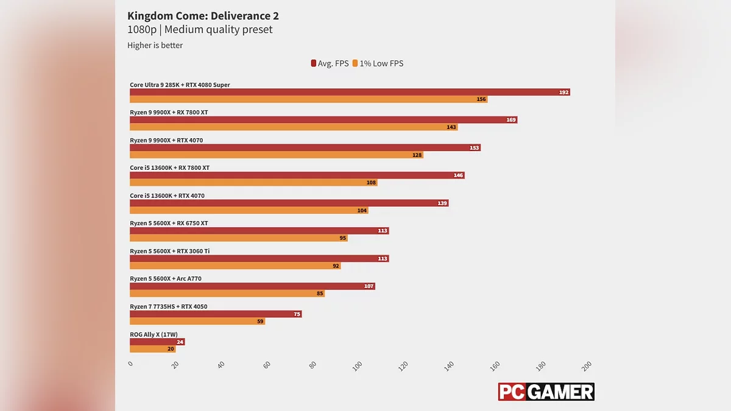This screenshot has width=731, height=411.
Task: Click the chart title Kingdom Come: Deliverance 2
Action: [203, 16]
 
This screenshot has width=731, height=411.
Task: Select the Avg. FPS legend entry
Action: [330, 63]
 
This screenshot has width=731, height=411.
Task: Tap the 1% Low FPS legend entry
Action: [378, 63]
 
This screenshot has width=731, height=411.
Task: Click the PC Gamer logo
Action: [546, 392]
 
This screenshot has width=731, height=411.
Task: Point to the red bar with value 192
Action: [349, 92]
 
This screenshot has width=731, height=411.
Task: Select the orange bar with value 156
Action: [308, 99]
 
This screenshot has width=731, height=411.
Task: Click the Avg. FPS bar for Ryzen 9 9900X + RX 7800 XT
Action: [323, 120]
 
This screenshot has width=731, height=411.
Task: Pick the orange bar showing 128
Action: [276, 155]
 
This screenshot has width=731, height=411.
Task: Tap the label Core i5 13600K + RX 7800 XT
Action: [169, 168]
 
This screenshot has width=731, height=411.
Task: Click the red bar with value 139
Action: [289, 203]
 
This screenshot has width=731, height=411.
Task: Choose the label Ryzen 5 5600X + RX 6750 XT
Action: [169, 223]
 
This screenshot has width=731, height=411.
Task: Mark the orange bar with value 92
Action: [235, 266]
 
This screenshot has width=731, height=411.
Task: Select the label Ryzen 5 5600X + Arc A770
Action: [166, 279]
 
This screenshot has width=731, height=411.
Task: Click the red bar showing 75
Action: [216, 314]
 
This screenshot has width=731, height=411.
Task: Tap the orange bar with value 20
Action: [152, 349]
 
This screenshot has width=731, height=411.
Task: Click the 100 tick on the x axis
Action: [358, 365]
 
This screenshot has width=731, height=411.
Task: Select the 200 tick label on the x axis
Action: [587, 365]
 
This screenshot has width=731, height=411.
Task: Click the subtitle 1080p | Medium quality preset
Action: [200, 30]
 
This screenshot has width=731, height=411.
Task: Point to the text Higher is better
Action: [155, 45]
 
